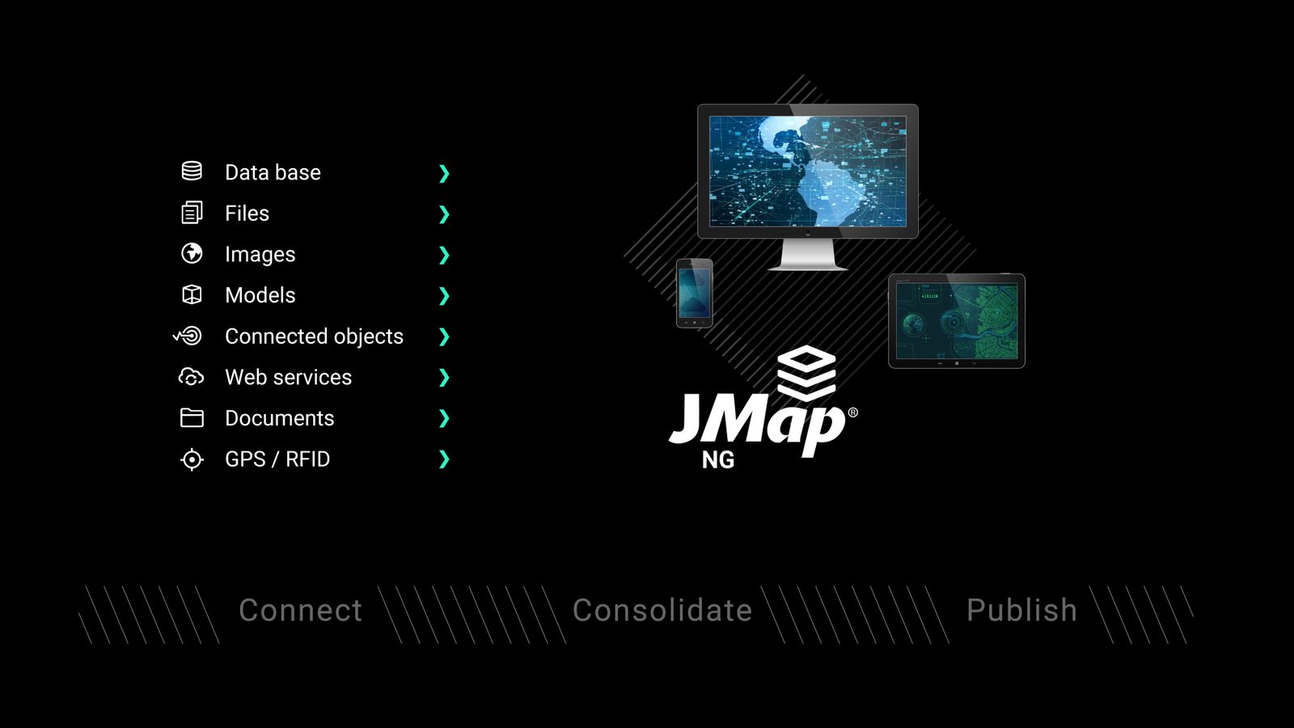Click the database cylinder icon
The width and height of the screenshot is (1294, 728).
(x=192, y=171)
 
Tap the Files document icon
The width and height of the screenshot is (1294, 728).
(x=192, y=213)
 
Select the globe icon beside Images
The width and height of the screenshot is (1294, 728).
(x=192, y=253)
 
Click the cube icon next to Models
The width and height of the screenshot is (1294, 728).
(x=192, y=294)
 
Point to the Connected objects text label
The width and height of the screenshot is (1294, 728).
(x=314, y=336)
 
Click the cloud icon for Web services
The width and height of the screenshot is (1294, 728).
(x=191, y=377)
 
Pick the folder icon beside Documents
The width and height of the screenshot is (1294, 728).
(x=192, y=417)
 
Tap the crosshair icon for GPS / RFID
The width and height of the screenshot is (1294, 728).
(x=192, y=459)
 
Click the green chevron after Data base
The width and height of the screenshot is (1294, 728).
(x=443, y=173)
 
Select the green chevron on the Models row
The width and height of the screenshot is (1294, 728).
(x=443, y=296)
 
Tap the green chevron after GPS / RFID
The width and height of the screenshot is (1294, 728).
(x=443, y=459)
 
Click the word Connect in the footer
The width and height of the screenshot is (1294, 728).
(x=300, y=611)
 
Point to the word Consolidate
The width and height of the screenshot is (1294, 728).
(x=662, y=611)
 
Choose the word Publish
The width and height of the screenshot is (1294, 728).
(x=1021, y=611)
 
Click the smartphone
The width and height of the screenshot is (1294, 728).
(x=694, y=293)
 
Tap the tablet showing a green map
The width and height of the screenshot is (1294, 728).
(x=957, y=321)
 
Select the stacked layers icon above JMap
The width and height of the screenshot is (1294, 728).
(x=806, y=373)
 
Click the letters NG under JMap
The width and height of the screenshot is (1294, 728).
(x=718, y=460)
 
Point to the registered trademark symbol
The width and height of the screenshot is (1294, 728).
(x=852, y=413)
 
